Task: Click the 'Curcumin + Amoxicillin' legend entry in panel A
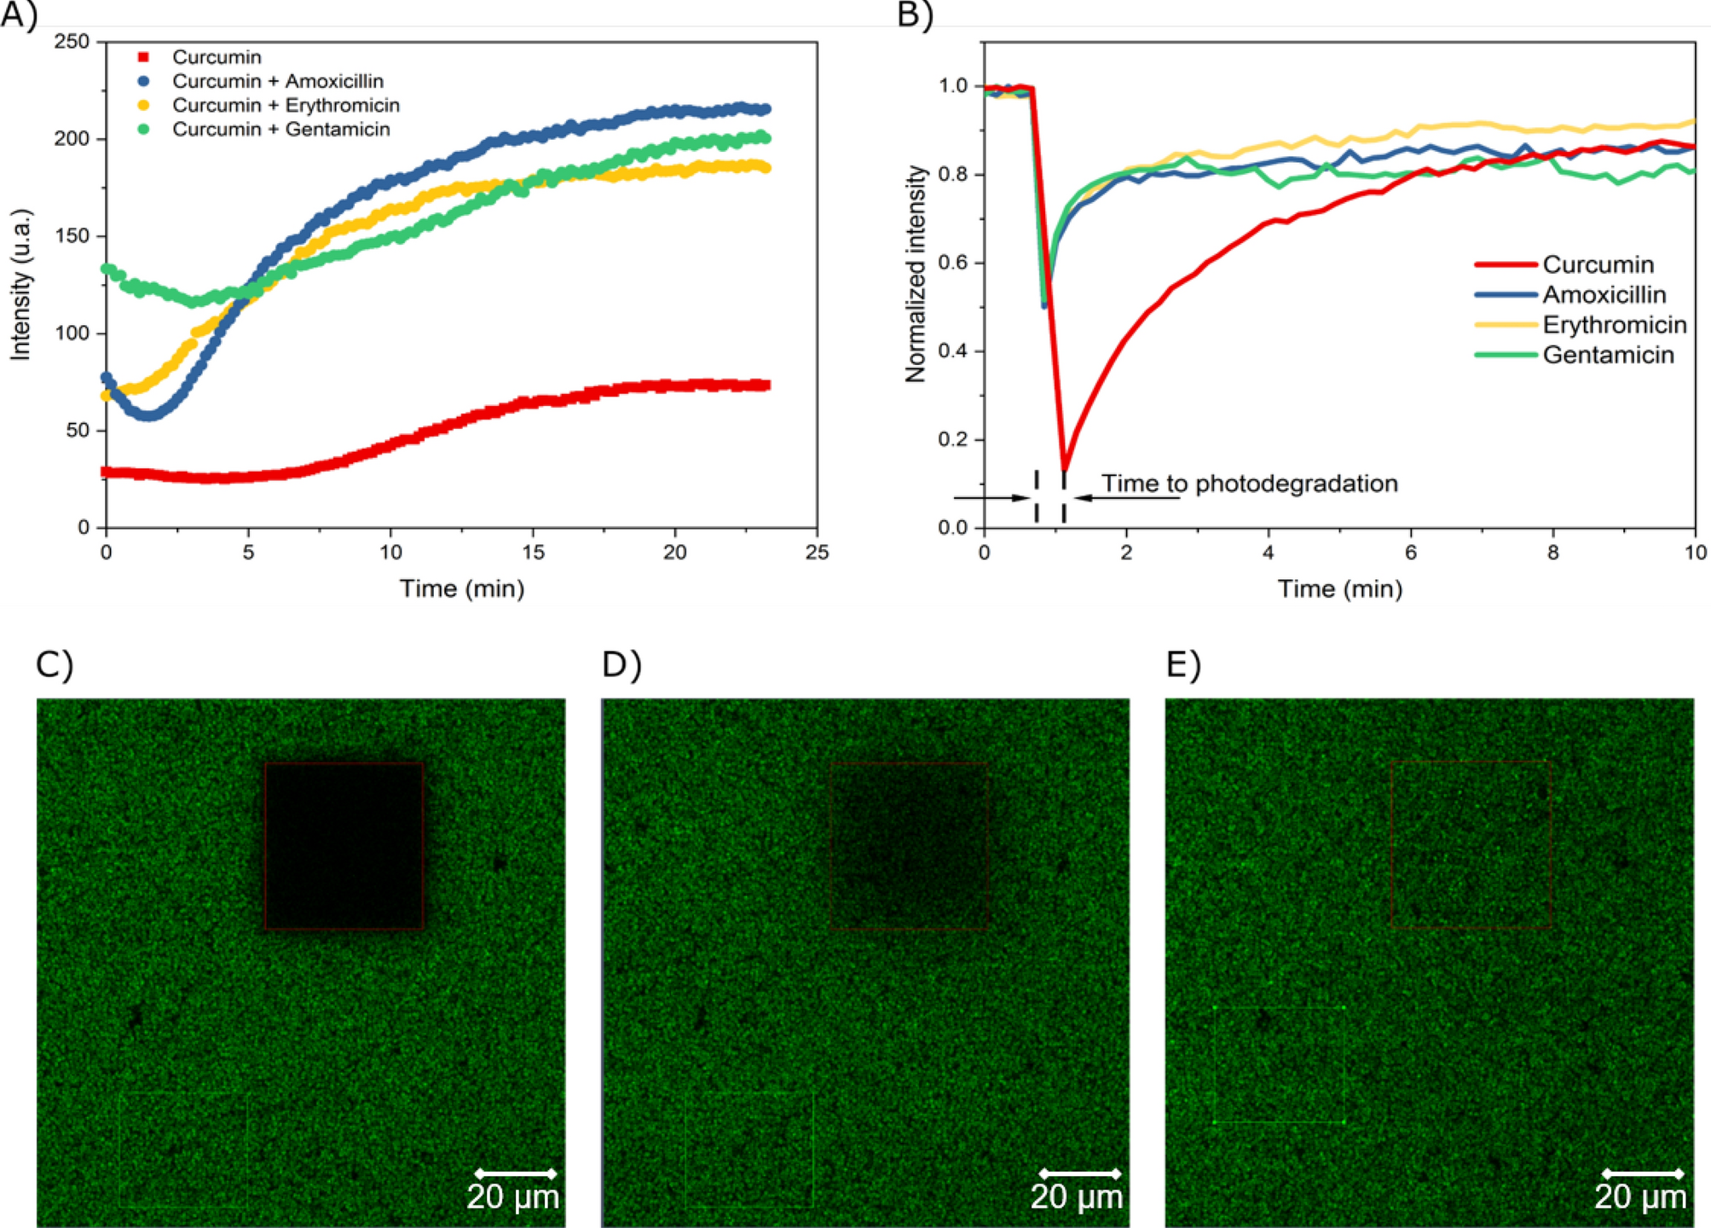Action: point(277,81)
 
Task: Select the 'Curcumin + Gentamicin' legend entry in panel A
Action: point(280,129)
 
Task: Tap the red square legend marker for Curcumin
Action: point(143,57)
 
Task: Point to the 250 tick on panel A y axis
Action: point(72,42)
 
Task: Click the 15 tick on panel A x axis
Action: point(533,552)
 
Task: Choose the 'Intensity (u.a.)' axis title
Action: point(20,284)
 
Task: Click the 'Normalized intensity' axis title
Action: point(916,274)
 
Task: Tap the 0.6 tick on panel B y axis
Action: point(953,263)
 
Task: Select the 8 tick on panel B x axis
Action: point(1552,552)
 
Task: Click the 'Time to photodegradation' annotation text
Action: point(1249,484)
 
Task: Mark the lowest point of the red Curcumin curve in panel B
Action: point(1064,469)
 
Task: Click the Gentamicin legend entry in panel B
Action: point(1608,355)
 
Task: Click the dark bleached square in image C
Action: point(344,845)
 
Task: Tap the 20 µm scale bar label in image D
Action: point(1077,1197)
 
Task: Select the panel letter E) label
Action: point(1183,664)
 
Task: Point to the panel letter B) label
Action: point(915,15)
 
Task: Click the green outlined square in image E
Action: point(1278,1064)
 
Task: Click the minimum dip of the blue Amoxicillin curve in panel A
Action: point(148,415)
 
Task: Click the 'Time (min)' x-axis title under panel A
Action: point(462,588)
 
